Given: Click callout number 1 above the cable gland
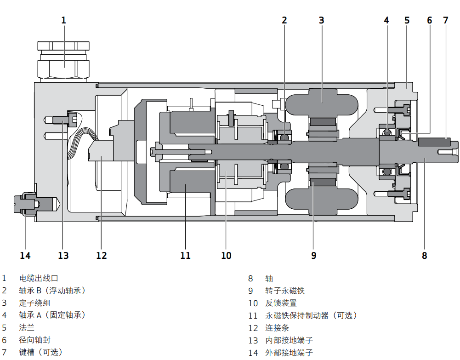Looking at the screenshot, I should click(63, 20).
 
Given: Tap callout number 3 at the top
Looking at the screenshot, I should click(322, 20).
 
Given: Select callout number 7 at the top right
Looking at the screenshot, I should click(445, 20).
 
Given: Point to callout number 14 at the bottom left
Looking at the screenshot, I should click(25, 255).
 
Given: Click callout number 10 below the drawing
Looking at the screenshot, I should click(226, 255).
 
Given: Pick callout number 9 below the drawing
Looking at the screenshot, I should click(314, 255).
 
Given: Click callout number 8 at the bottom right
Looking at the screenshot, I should click(425, 255).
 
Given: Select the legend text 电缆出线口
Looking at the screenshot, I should click(39, 278).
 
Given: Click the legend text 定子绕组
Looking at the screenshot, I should click(34, 303).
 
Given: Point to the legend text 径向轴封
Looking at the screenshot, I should click(34, 340).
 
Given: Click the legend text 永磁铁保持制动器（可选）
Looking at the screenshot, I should click(311, 315).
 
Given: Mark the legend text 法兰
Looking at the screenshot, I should click(27, 328).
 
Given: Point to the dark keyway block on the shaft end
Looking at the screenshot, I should click(434, 142).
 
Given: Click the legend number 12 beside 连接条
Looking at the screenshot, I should click(253, 328).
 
